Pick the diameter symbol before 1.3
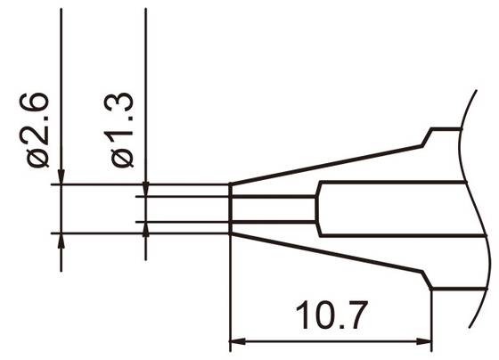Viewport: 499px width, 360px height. pyautogui.click(x=123, y=158)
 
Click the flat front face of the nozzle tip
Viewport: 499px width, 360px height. pyautogui.click(x=231, y=209)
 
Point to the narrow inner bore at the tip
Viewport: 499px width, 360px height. pyautogui.click(x=273, y=209)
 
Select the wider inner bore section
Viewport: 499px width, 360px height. pyautogui.click(x=392, y=209)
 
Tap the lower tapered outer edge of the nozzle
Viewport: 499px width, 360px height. pyautogui.click(x=330, y=257)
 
